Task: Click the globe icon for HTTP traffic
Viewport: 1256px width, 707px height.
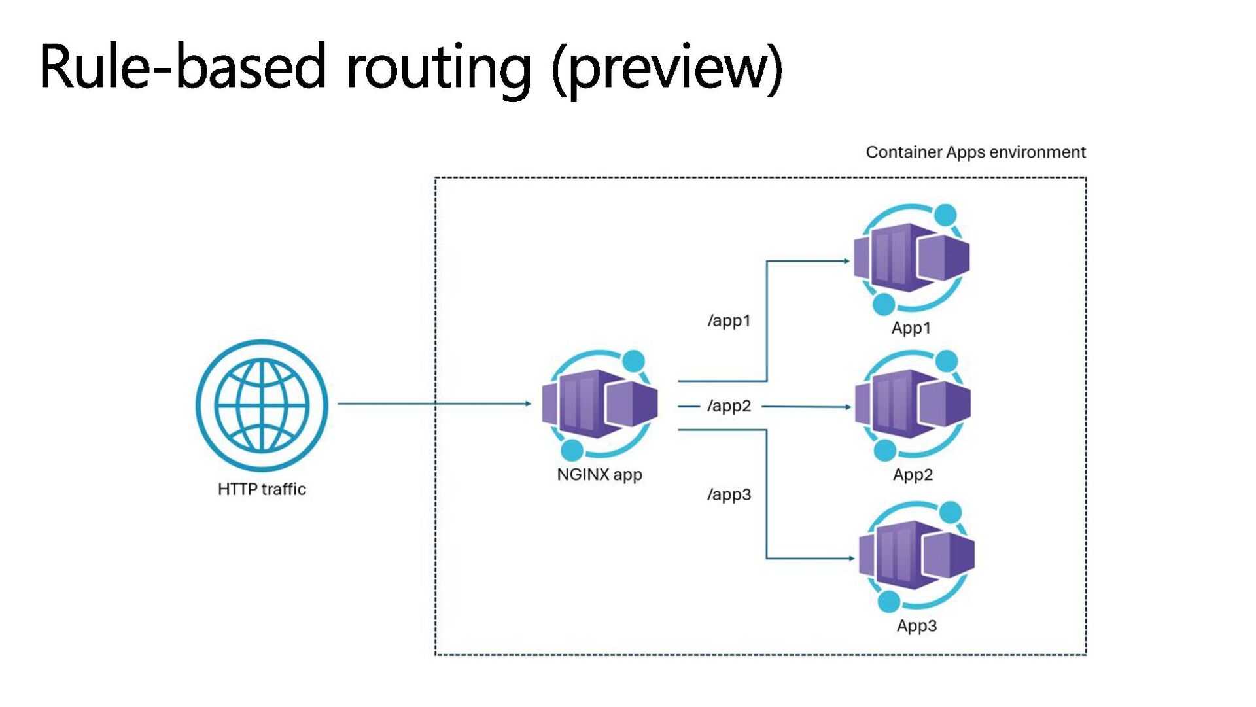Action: point(262,405)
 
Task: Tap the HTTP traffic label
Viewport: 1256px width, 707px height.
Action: point(262,489)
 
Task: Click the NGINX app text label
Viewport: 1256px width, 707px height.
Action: point(599,475)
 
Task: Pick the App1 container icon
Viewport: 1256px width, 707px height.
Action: point(911,259)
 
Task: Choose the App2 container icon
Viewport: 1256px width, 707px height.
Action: point(913,405)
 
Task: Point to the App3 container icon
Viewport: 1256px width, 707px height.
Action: point(916,557)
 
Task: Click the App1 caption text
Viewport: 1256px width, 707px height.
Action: point(911,328)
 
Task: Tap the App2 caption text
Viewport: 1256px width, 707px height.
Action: point(913,475)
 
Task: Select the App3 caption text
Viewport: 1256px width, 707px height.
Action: point(916,626)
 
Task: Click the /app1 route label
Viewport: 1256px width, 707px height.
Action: point(729,320)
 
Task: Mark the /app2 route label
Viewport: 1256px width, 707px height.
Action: point(729,406)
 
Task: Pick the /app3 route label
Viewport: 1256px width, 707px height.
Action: point(729,494)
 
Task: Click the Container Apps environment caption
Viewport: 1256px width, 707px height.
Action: point(975,152)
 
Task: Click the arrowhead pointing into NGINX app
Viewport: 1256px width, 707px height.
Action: point(528,404)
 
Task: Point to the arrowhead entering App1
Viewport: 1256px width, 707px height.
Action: point(846,261)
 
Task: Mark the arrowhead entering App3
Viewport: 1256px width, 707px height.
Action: point(851,559)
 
